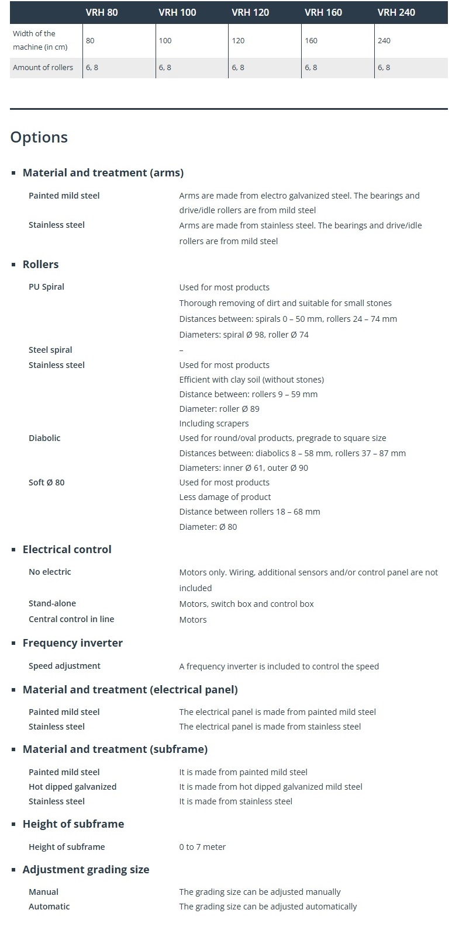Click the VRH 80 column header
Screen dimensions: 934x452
102,12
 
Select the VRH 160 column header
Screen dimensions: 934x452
323,12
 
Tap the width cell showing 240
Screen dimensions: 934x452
384,41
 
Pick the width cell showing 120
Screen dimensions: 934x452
238,41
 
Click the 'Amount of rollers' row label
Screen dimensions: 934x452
43,68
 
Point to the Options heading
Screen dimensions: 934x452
39,137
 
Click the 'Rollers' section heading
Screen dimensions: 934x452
40,265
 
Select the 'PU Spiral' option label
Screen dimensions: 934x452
46,287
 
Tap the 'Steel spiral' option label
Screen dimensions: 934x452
50,350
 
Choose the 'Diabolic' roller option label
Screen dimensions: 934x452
44,438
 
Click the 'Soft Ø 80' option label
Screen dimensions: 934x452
46,482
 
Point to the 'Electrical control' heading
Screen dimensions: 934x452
67,550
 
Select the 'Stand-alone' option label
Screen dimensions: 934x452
52,603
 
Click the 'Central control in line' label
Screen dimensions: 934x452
71,619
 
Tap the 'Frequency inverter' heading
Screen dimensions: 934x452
73,643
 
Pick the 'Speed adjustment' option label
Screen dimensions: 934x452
64,666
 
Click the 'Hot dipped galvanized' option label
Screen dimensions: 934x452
73,787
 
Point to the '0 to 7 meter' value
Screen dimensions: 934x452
202,847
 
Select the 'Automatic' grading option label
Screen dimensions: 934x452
49,907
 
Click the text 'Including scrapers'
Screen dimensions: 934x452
214,423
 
